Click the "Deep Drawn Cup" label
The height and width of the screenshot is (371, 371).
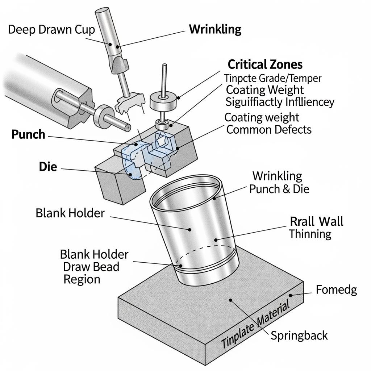coord(51,29)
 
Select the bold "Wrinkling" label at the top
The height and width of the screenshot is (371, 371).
coord(215,29)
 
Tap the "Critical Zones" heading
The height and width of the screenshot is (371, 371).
coord(265,64)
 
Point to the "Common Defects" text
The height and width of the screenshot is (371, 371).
coord(269,129)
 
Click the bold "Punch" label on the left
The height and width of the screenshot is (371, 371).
coord(28,134)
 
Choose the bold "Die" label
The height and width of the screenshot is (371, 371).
coord(48,167)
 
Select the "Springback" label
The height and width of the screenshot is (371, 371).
coord(299,335)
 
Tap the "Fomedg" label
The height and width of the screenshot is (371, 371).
coord(336,289)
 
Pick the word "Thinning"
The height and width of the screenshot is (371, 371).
coord(310,234)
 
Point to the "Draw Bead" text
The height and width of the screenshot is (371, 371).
coord(91,267)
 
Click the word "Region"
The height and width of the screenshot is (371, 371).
coord(82,279)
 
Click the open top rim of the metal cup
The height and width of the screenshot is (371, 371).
coord(185,192)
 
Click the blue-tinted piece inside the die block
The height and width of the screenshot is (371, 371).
coord(134,159)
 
